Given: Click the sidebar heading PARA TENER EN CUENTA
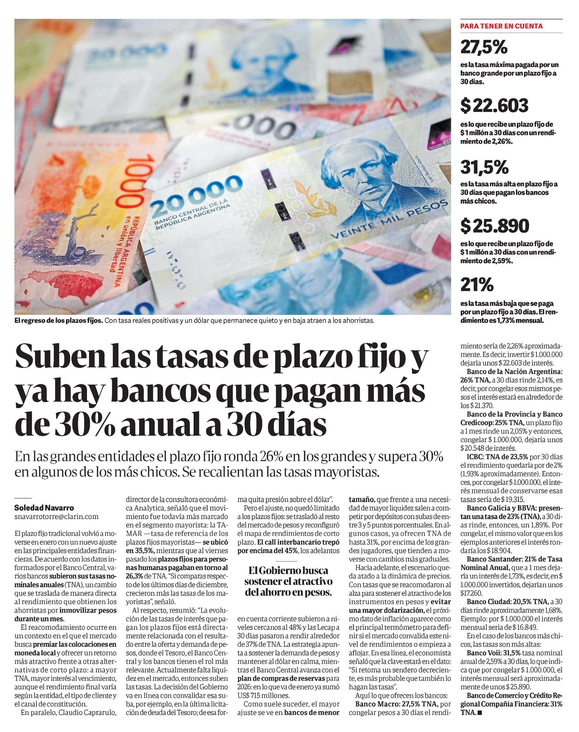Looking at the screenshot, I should point(501,26).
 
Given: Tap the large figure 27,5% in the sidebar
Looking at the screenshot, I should point(483,47).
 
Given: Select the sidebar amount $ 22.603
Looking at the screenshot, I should point(494,106).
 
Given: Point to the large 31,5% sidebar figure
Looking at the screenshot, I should point(484,167).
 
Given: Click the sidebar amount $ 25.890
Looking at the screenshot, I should point(494,226).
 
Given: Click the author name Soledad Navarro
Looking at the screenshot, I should point(44,508).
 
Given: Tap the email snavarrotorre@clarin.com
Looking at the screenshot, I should point(57,516).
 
